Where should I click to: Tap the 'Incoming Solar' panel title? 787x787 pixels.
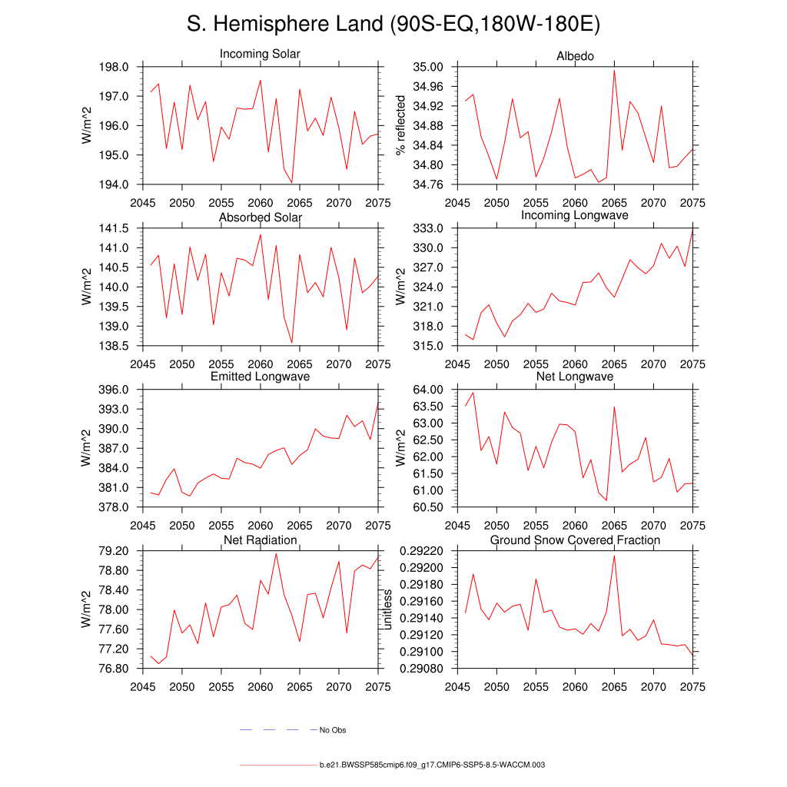[x=260, y=55]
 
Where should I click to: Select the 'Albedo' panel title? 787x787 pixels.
[x=575, y=56]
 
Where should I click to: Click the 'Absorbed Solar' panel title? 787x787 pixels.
[x=260, y=218]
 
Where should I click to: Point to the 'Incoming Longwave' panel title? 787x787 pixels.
[x=575, y=215]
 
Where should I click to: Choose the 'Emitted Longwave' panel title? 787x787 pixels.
[x=260, y=377]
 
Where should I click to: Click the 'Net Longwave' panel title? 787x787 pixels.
[x=575, y=377]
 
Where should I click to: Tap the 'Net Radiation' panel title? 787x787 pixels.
[x=260, y=540]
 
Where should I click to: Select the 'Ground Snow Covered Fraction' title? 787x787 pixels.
[x=575, y=540]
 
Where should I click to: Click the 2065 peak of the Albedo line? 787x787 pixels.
[x=614, y=71]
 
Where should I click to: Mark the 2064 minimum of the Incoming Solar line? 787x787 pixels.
[x=292, y=183]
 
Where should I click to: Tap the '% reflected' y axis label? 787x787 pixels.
[x=400, y=125]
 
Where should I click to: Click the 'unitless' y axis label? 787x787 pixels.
[x=388, y=609]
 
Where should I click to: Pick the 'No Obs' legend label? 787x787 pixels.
[x=333, y=730]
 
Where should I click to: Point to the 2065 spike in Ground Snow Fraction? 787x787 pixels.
[x=614, y=555]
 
